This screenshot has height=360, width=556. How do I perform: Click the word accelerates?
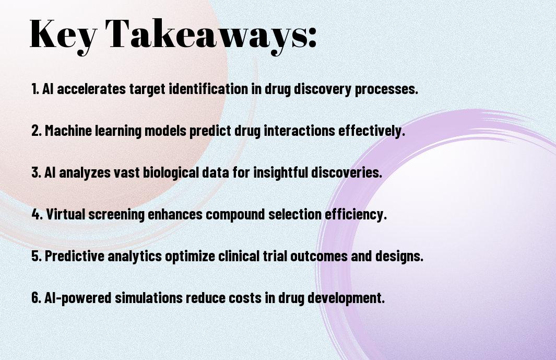pyautogui.click(x=91, y=89)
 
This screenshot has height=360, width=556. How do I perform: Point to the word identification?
pyautogui.click(x=208, y=89)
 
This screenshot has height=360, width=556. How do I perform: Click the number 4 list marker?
pyautogui.click(x=36, y=214)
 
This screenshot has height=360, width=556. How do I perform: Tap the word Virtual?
pyautogui.click(x=66, y=214)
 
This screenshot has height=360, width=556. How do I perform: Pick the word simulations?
pyautogui.click(x=149, y=297)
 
